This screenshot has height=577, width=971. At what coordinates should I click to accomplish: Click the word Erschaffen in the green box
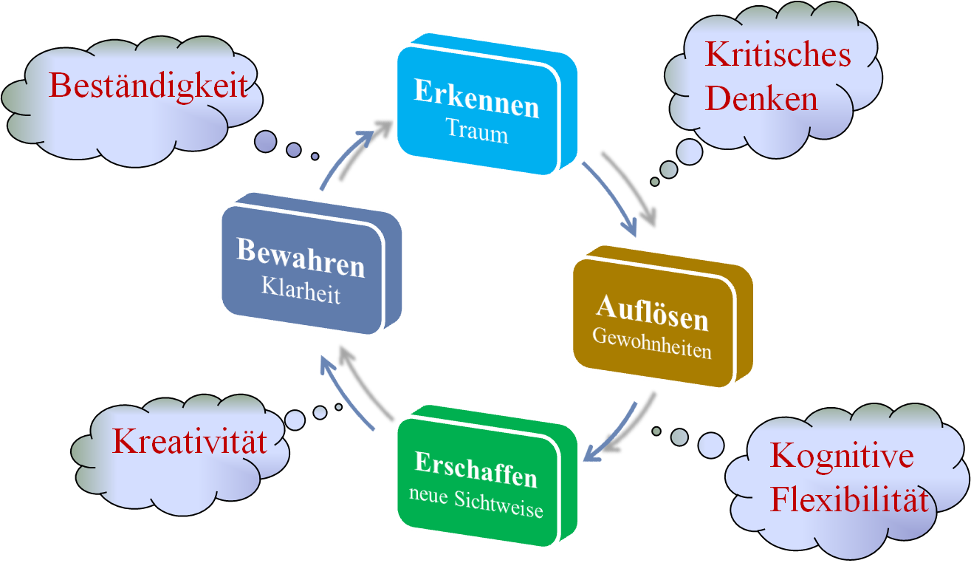pos(476,470)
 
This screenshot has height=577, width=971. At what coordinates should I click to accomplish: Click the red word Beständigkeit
pos(148,86)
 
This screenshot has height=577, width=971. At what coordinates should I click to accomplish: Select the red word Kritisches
pos(778,55)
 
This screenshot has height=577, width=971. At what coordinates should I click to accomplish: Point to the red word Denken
pos(761,98)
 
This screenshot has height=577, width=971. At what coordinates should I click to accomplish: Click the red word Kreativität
pos(189,442)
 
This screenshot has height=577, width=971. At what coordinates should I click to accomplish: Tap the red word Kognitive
pos(842,456)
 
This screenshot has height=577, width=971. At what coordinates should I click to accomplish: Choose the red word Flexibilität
pos(849,500)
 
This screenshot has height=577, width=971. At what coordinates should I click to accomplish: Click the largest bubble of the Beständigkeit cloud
pos(265,141)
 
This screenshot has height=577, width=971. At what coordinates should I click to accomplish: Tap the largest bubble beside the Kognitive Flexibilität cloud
pos(711,445)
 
